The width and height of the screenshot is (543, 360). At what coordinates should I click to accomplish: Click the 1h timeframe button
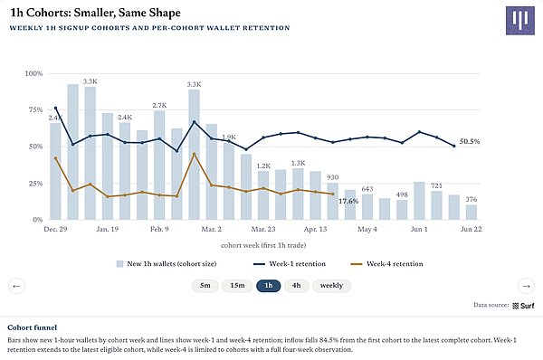click(x=269, y=286)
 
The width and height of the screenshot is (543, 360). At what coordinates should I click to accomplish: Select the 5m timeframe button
click(x=205, y=286)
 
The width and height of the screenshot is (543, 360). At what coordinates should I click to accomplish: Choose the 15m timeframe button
click(x=237, y=286)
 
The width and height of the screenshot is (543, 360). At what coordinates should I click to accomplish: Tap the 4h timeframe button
click(x=297, y=286)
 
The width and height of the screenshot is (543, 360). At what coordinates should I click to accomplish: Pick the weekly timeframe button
click(x=331, y=286)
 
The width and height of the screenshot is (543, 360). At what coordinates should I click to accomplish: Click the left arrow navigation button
click(x=16, y=286)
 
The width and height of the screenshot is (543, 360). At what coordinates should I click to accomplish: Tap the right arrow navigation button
click(x=527, y=286)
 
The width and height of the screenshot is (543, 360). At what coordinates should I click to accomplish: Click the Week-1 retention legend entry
click(x=290, y=264)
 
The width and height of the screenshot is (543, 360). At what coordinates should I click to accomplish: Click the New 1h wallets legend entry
click(x=167, y=264)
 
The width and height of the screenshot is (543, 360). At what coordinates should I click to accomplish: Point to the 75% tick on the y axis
click(x=33, y=109)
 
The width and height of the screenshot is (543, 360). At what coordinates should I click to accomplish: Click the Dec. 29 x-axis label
click(x=55, y=229)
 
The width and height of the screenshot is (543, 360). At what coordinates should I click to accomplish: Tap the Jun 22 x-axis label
click(x=471, y=229)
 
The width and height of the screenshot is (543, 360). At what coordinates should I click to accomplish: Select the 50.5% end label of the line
click(x=470, y=141)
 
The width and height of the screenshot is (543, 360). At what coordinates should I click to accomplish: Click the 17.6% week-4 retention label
click(x=348, y=201)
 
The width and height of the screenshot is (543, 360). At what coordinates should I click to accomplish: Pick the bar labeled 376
click(x=472, y=213)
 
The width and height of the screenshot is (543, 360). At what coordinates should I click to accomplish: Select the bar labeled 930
click(x=333, y=202)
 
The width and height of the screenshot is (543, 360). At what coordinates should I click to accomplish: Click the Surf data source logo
click(x=523, y=306)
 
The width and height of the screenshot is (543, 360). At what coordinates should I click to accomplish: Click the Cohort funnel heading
click(x=33, y=327)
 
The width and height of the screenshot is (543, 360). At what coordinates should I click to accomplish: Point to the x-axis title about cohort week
click(x=263, y=245)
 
